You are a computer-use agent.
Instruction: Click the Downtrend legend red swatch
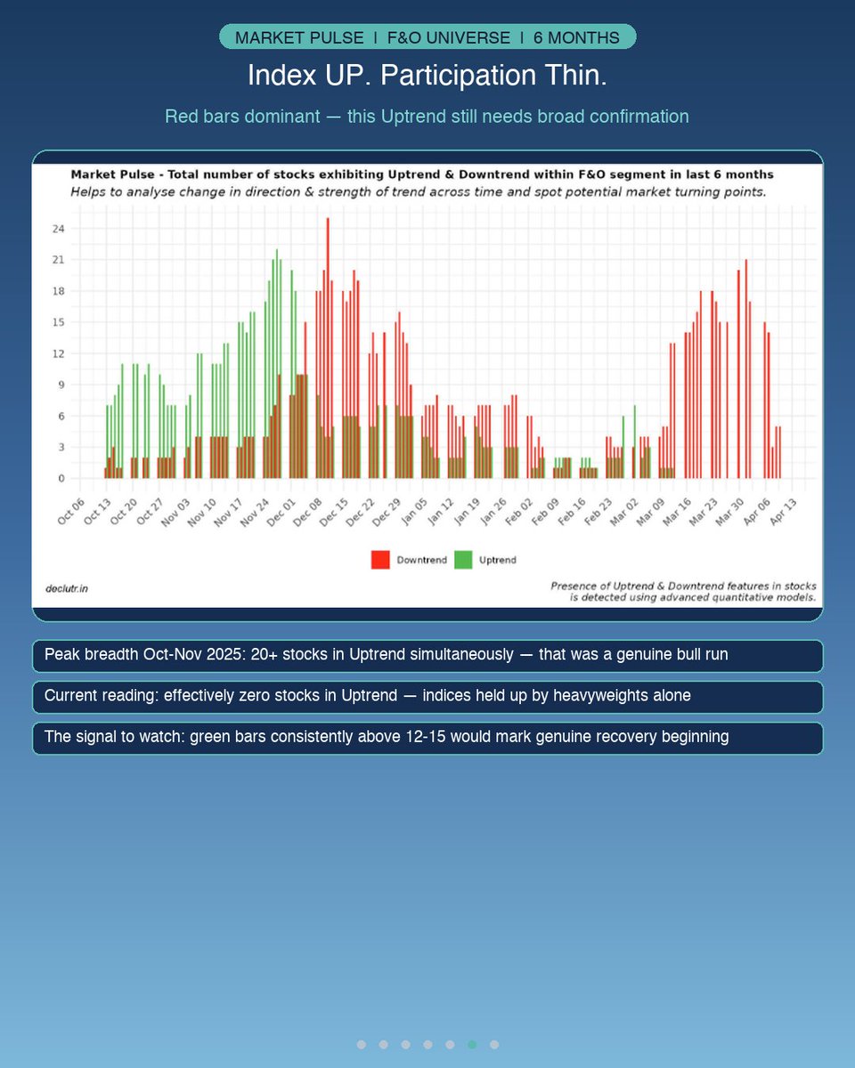[380, 560]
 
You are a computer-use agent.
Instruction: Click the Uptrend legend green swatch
[463, 560]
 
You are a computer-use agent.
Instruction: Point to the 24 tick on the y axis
[59, 229]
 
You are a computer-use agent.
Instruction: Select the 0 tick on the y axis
[62, 478]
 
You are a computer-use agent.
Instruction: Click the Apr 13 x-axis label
[784, 511]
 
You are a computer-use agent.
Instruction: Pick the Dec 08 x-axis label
[308, 511]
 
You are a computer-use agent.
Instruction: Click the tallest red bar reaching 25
[328, 347]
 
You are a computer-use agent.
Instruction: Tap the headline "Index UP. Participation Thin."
[427, 76]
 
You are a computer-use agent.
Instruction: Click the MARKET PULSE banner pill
[427, 37]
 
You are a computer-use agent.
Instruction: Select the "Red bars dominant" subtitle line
[427, 117]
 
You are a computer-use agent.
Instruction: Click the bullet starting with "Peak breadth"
[427, 655]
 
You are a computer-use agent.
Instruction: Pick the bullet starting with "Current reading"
[427, 696]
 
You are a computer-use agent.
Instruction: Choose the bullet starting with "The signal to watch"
[427, 738]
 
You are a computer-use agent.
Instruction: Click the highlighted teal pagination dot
[472, 1044]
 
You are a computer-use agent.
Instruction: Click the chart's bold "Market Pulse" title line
[422, 174]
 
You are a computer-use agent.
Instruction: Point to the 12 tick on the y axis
[59, 353]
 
